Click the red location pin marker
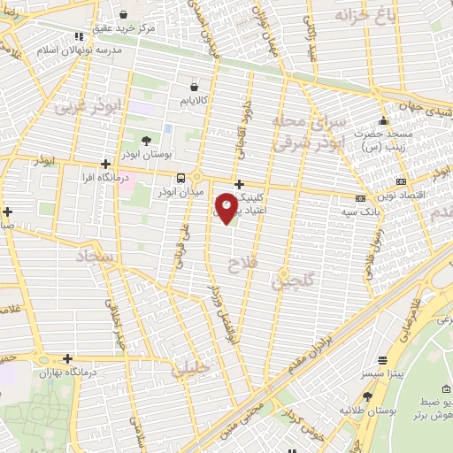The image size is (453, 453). pyautogui.click(x=226, y=207)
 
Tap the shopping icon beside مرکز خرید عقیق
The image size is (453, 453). pyautogui.click(x=123, y=15)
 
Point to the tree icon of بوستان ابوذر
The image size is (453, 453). pyautogui.click(x=146, y=140)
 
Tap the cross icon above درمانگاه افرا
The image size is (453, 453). pyautogui.click(x=105, y=164)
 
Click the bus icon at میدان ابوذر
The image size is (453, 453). pyautogui.click(x=181, y=177)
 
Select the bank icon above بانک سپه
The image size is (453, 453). pyautogui.click(x=359, y=198)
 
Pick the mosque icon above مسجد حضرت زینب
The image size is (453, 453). pyautogui.click(x=382, y=120)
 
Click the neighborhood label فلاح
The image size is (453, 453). pyautogui.click(x=240, y=264)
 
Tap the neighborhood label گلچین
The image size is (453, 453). pyautogui.click(x=292, y=282)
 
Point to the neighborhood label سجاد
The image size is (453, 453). pyautogui.click(x=96, y=257)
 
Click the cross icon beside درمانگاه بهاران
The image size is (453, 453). pyautogui.click(x=67, y=359)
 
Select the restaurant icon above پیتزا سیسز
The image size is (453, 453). pyautogui.click(x=382, y=361)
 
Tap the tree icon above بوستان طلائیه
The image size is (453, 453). pyautogui.click(x=367, y=397)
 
